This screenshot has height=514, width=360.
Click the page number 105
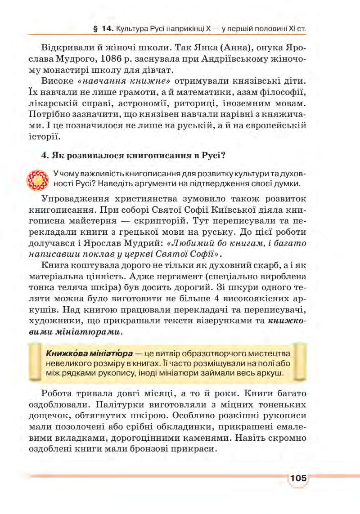[x=298, y=478]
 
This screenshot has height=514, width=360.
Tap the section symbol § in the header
[x=94, y=29]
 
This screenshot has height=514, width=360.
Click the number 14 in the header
[x=106, y=29]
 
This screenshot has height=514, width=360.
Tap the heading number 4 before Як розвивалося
[x=44, y=156]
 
